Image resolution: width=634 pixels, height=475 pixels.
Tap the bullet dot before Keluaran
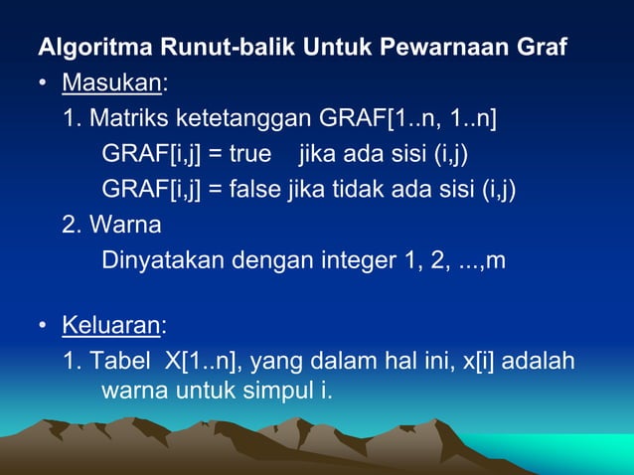(44, 326)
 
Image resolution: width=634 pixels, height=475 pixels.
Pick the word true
(251, 155)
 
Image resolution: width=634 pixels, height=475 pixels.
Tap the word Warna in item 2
(124, 225)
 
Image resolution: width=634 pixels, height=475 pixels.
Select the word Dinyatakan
(163, 260)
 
